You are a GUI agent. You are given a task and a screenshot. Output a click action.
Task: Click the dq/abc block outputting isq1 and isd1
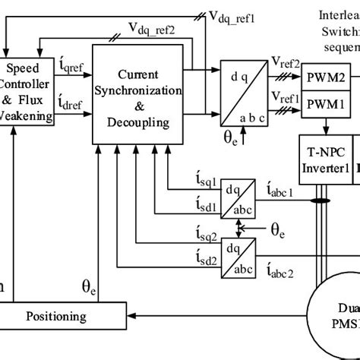(x=237, y=193)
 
